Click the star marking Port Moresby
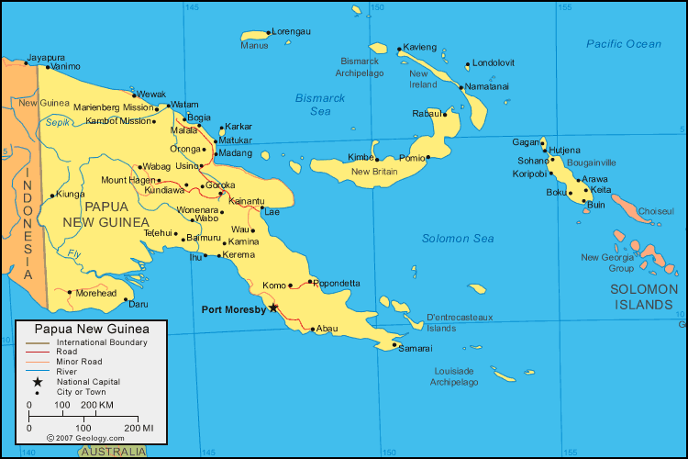[273, 308]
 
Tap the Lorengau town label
[291, 31]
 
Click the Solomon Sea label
[458, 239]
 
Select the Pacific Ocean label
[624, 44]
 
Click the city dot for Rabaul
[445, 114]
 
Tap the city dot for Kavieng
[400, 50]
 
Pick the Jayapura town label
[46, 57]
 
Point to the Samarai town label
[416, 349]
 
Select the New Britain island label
[374, 171]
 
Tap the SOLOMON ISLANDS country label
[644, 297]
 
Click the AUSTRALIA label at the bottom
[112, 452]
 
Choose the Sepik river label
[58, 121]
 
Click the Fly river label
[74, 253]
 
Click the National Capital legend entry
[88, 381]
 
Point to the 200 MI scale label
[139, 428]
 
